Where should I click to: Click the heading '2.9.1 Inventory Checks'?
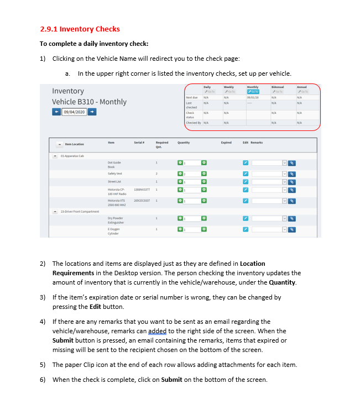(x=80, y=29)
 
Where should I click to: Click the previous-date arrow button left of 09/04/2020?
(x=56, y=112)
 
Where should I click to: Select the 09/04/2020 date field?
(x=75, y=112)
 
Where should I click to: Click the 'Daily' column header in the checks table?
(x=207, y=87)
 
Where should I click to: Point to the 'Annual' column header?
(x=301, y=87)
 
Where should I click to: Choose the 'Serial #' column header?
(x=139, y=143)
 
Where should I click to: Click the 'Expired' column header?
(x=226, y=143)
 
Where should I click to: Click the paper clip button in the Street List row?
(x=293, y=182)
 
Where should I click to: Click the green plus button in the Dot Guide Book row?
(x=204, y=163)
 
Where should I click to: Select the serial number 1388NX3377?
(x=141, y=190)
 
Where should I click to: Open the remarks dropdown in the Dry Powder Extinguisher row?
(x=285, y=219)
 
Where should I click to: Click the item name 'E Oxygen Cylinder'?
(x=114, y=231)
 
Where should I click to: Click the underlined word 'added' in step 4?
(x=157, y=331)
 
